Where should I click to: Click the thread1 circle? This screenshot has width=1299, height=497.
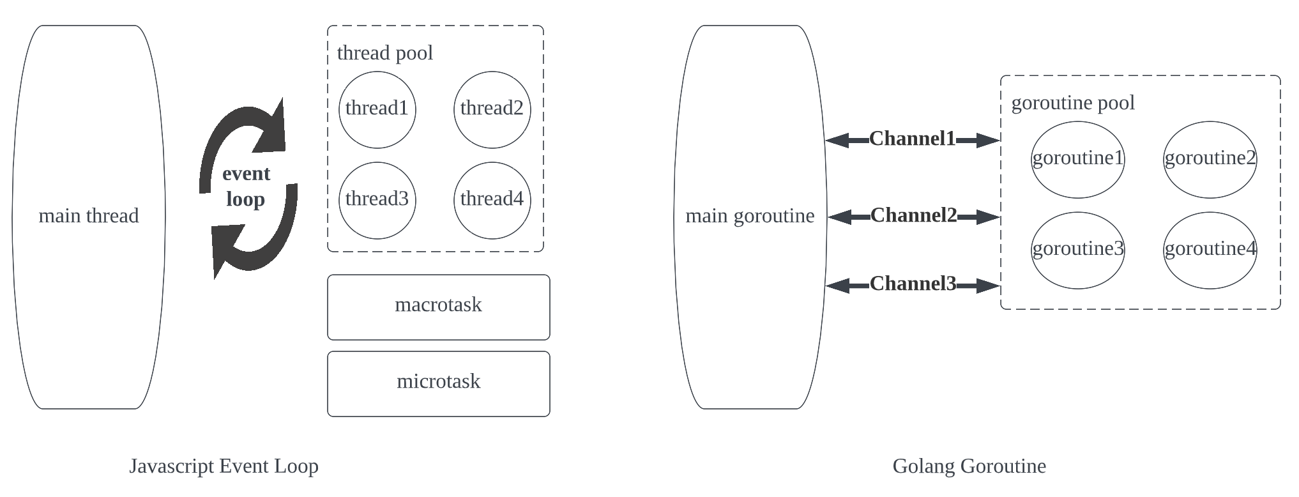coord(377,109)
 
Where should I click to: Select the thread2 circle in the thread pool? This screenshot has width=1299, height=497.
coord(492,109)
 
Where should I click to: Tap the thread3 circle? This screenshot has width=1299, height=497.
coord(377,200)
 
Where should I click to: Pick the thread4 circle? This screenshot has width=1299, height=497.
coord(492,200)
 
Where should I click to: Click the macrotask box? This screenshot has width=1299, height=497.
coord(438,307)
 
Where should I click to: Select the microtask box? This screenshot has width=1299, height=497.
coord(438,383)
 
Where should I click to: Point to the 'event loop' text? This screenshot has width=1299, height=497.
coord(246,187)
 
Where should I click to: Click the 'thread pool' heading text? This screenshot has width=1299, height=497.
coord(384,53)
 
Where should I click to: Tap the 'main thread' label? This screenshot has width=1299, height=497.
coord(89,216)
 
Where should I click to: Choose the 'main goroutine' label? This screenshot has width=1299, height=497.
coord(750,216)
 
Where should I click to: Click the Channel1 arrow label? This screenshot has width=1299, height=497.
coord(912,139)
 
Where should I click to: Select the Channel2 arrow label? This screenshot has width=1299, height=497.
coord(913,215)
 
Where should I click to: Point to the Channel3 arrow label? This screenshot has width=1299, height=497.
coord(913,284)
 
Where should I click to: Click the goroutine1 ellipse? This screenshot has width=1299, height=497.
coord(1077,159)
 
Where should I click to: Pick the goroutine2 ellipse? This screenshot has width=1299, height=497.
coord(1210,159)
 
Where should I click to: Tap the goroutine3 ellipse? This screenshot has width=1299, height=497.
coord(1077,250)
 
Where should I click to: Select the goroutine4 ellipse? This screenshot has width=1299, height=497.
coord(1210,250)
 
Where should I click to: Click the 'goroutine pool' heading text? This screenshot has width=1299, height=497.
coord(1073,103)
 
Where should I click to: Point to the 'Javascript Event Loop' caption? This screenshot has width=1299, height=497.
coord(224,466)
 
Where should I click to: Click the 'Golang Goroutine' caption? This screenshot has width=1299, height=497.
coord(969,466)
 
